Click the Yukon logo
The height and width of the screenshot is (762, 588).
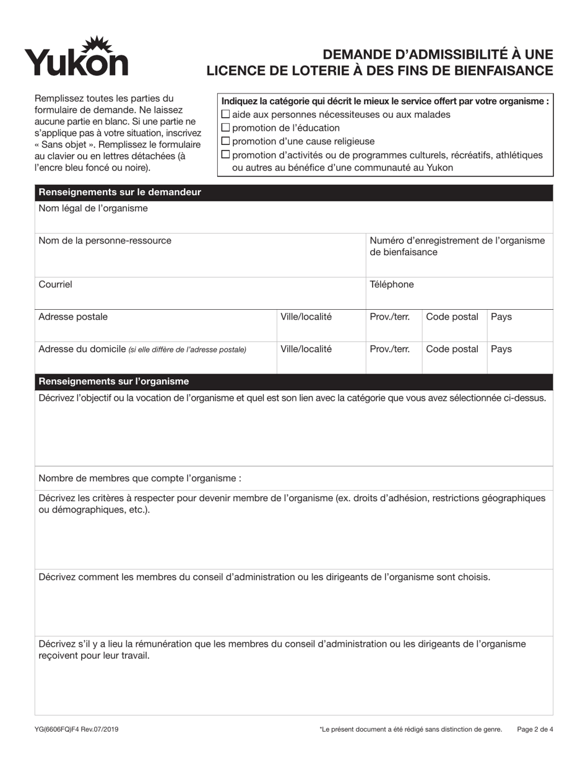coord(76,56)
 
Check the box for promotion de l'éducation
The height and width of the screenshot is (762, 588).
coord(226,128)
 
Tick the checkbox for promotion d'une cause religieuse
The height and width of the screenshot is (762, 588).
coord(226,141)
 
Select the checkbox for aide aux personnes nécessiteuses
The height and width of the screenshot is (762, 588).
coord(226,114)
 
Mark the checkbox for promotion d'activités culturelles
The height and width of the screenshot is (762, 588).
coord(226,155)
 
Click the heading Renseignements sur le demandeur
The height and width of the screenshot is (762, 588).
coord(119,193)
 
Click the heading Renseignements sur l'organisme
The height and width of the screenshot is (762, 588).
coord(114,382)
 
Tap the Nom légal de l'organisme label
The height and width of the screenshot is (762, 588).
coord(93,209)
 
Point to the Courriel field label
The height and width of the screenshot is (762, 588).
coord(55,284)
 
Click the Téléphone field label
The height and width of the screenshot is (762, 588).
coord(391,284)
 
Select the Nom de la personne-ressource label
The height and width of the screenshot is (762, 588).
coord(105,241)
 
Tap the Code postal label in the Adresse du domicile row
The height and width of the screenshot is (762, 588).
coord(452,349)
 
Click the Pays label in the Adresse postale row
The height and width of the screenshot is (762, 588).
coord(501,317)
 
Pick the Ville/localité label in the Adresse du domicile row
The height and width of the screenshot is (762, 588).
coord(306,349)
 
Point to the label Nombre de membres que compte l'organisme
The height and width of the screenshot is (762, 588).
coord(139,479)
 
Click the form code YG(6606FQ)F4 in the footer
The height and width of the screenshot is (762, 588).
coord(79,730)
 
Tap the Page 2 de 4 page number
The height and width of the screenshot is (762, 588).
coord(535,730)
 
